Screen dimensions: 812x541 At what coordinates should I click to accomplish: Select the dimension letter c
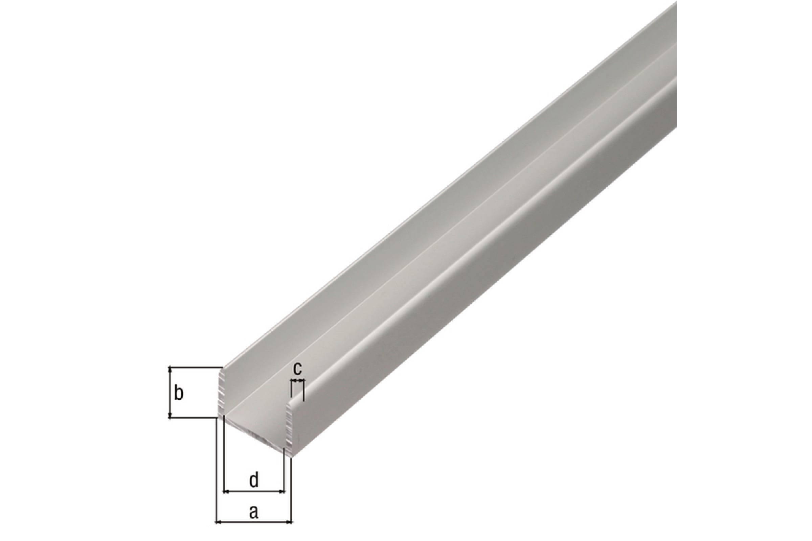[298, 369]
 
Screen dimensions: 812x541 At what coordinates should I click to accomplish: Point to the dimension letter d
[254, 480]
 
